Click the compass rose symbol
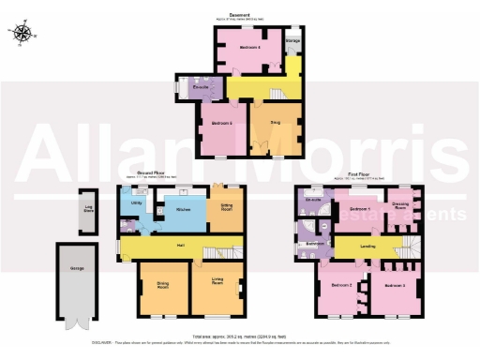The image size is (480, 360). (23, 35)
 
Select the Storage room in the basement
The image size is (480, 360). (292, 42)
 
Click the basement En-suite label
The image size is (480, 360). (200, 87)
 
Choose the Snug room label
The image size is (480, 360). (275, 122)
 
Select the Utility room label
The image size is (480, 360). (137, 202)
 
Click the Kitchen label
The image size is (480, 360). (185, 210)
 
